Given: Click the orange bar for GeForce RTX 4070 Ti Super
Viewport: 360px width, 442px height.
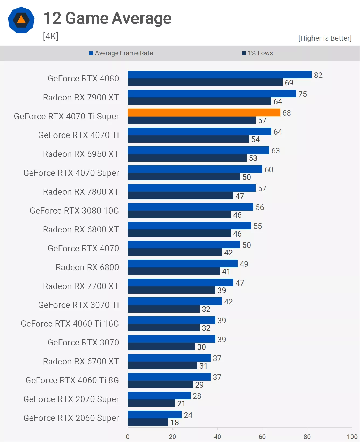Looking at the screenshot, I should (204, 112).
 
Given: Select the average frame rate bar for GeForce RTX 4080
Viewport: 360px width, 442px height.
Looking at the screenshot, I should (220, 75).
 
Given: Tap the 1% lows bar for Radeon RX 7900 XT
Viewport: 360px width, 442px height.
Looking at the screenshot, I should (199, 101).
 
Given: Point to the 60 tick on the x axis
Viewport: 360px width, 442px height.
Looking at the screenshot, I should (262, 437).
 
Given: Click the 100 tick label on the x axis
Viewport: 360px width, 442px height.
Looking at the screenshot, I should (352, 437).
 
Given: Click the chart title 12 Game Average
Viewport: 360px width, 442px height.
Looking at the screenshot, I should (107, 18).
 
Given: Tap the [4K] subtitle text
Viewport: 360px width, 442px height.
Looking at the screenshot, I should (51, 36).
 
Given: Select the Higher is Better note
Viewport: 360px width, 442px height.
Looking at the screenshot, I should (325, 38).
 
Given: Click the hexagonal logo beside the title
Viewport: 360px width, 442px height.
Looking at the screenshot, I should (21, 20).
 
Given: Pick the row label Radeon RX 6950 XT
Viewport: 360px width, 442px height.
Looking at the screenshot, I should (81, 154).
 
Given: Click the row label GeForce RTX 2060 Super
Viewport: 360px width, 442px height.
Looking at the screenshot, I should (71, 418).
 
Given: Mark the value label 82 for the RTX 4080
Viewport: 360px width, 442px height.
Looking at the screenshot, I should (318, 75).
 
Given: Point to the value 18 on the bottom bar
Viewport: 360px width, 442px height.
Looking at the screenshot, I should (175, 422).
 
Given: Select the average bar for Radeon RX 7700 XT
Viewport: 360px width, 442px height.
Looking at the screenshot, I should (181, 282).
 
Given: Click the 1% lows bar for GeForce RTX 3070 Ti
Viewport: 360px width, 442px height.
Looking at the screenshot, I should (164, 309).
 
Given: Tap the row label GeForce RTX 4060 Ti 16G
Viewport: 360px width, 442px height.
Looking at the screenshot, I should (70, 324).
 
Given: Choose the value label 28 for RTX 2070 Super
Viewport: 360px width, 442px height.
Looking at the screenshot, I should (197, 396).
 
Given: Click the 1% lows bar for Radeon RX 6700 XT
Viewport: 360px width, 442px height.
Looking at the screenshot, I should (162, 365).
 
